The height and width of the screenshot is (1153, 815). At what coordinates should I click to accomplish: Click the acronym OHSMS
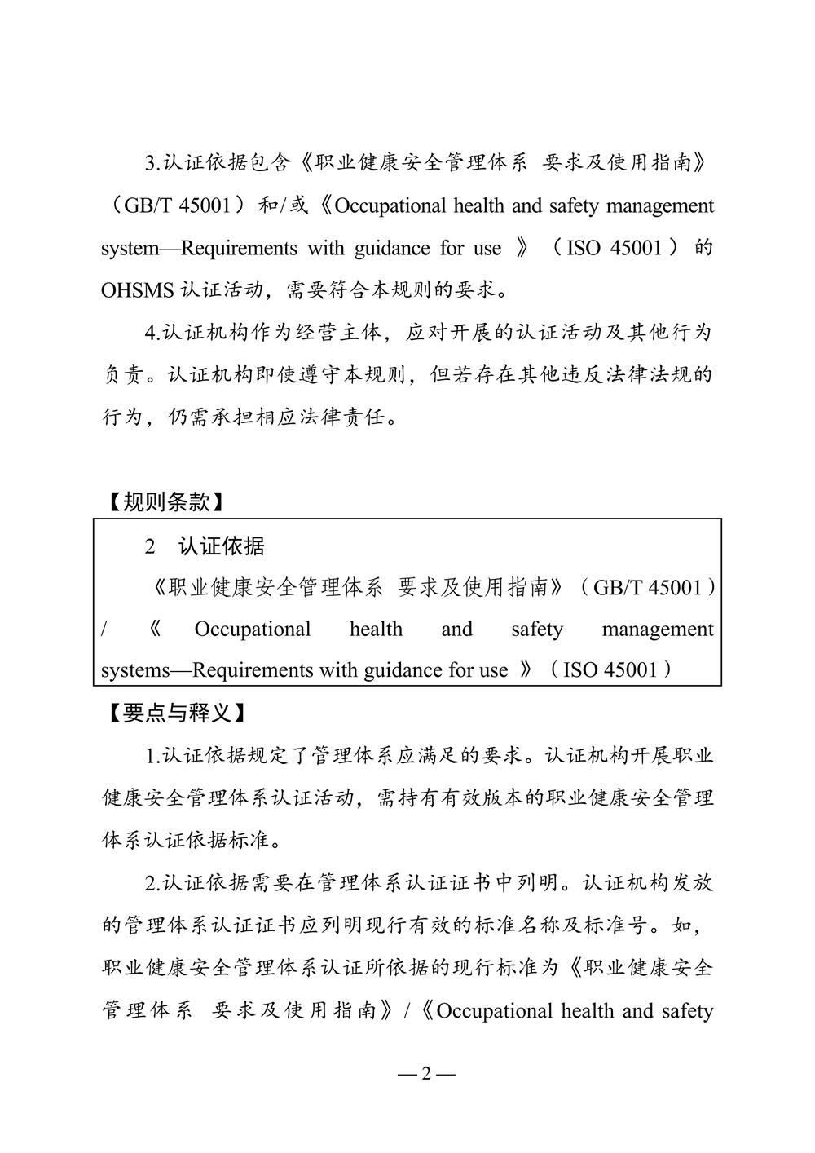coord(130,289)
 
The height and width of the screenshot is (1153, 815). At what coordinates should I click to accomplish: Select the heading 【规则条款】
coord(165,502)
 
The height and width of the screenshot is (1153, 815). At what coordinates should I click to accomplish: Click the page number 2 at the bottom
coord(426,1073)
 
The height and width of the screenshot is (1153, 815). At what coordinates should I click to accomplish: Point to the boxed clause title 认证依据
coord(222,546)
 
